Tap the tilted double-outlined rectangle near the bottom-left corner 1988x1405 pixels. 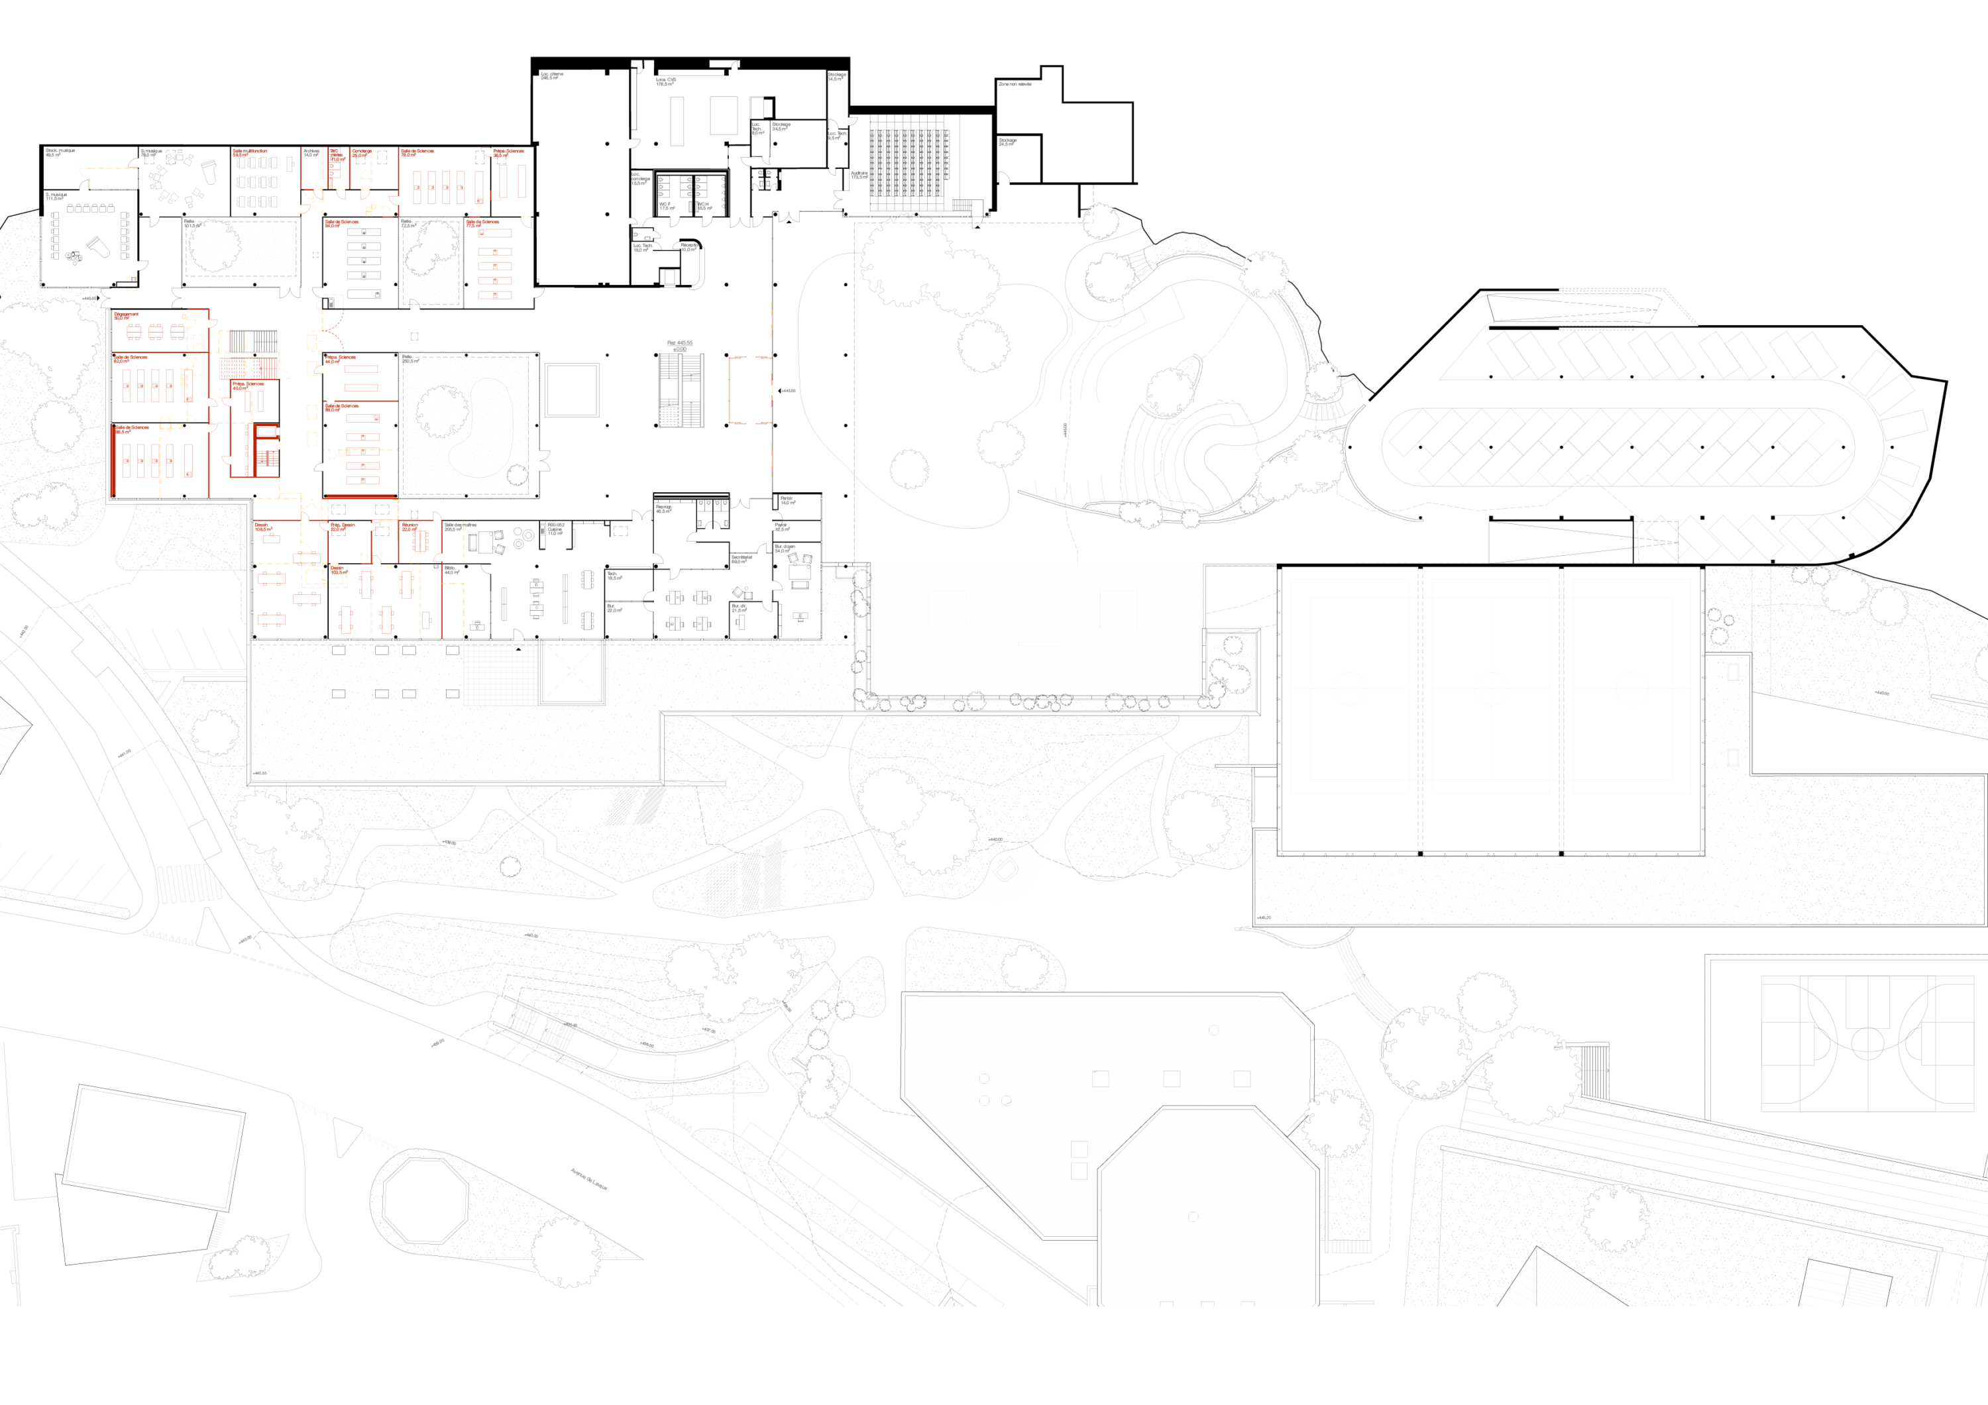pyautogui.click(x=153, y=1147)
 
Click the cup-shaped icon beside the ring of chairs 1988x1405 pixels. pyautogui.click(x=209, y=170)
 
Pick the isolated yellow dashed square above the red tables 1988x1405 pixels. pyautogui.click(x=132, y=284)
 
